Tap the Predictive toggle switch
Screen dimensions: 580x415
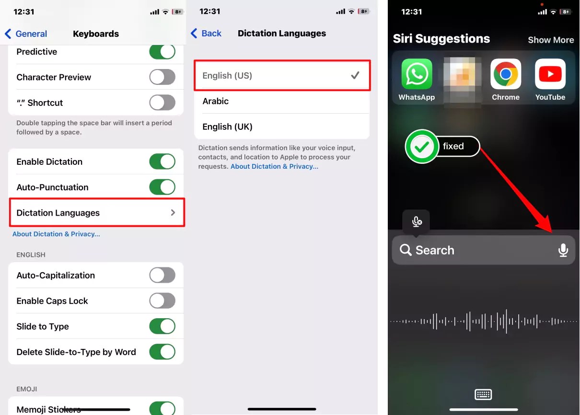(162, 52)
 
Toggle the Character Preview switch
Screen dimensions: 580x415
(162, 77)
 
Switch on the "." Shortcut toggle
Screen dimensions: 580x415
(162, 103)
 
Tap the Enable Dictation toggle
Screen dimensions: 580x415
(162, 161)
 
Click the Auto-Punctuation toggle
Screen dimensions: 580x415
(162, 187)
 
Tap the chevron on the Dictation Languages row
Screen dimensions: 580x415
(173, 213)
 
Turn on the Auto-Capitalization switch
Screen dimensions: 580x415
(162, 275)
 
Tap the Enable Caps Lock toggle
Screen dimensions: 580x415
(162, 300)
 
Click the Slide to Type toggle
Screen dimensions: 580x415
(162, 326)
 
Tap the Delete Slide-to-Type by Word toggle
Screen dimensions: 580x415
(162, 352)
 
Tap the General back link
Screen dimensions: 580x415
(26, 34)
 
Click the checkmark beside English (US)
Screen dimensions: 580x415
(355, 75)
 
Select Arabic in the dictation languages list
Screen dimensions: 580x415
(215, 101)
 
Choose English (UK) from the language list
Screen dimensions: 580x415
(227, 127)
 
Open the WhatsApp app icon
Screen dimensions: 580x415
(417, 74)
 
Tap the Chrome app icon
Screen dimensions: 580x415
(506, 74)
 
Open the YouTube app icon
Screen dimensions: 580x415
(550, 74)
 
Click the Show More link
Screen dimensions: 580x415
(551, 40)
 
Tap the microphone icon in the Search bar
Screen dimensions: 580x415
(563, 250)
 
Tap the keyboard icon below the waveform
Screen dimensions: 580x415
(483, 394)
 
